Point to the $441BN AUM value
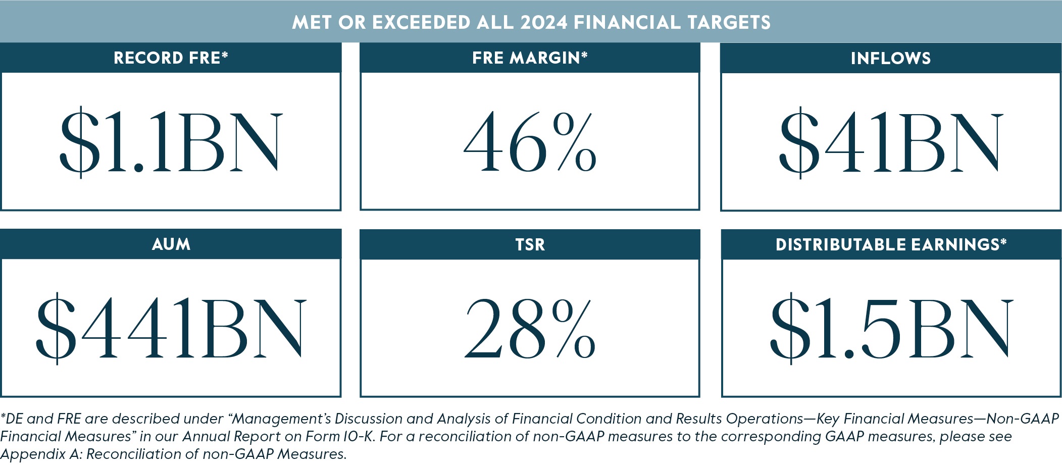pyautogui.click(x=171, y=329)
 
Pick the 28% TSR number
pyautogui.click(x=530, y=329)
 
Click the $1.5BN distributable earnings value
pyautogui.click(x=891, y=329)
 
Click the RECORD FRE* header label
pyautogui.click(x=171, y=58)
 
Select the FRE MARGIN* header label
pyautogui.click(x=530, y=58)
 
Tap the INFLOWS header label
pyautogui.click(x=890, y=58)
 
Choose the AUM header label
pyautogui.click(x=171, y=244)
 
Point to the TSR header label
pyautogui.click(x=530, y=245)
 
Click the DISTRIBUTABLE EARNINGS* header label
pyautogui.click(x=891, y=245)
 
